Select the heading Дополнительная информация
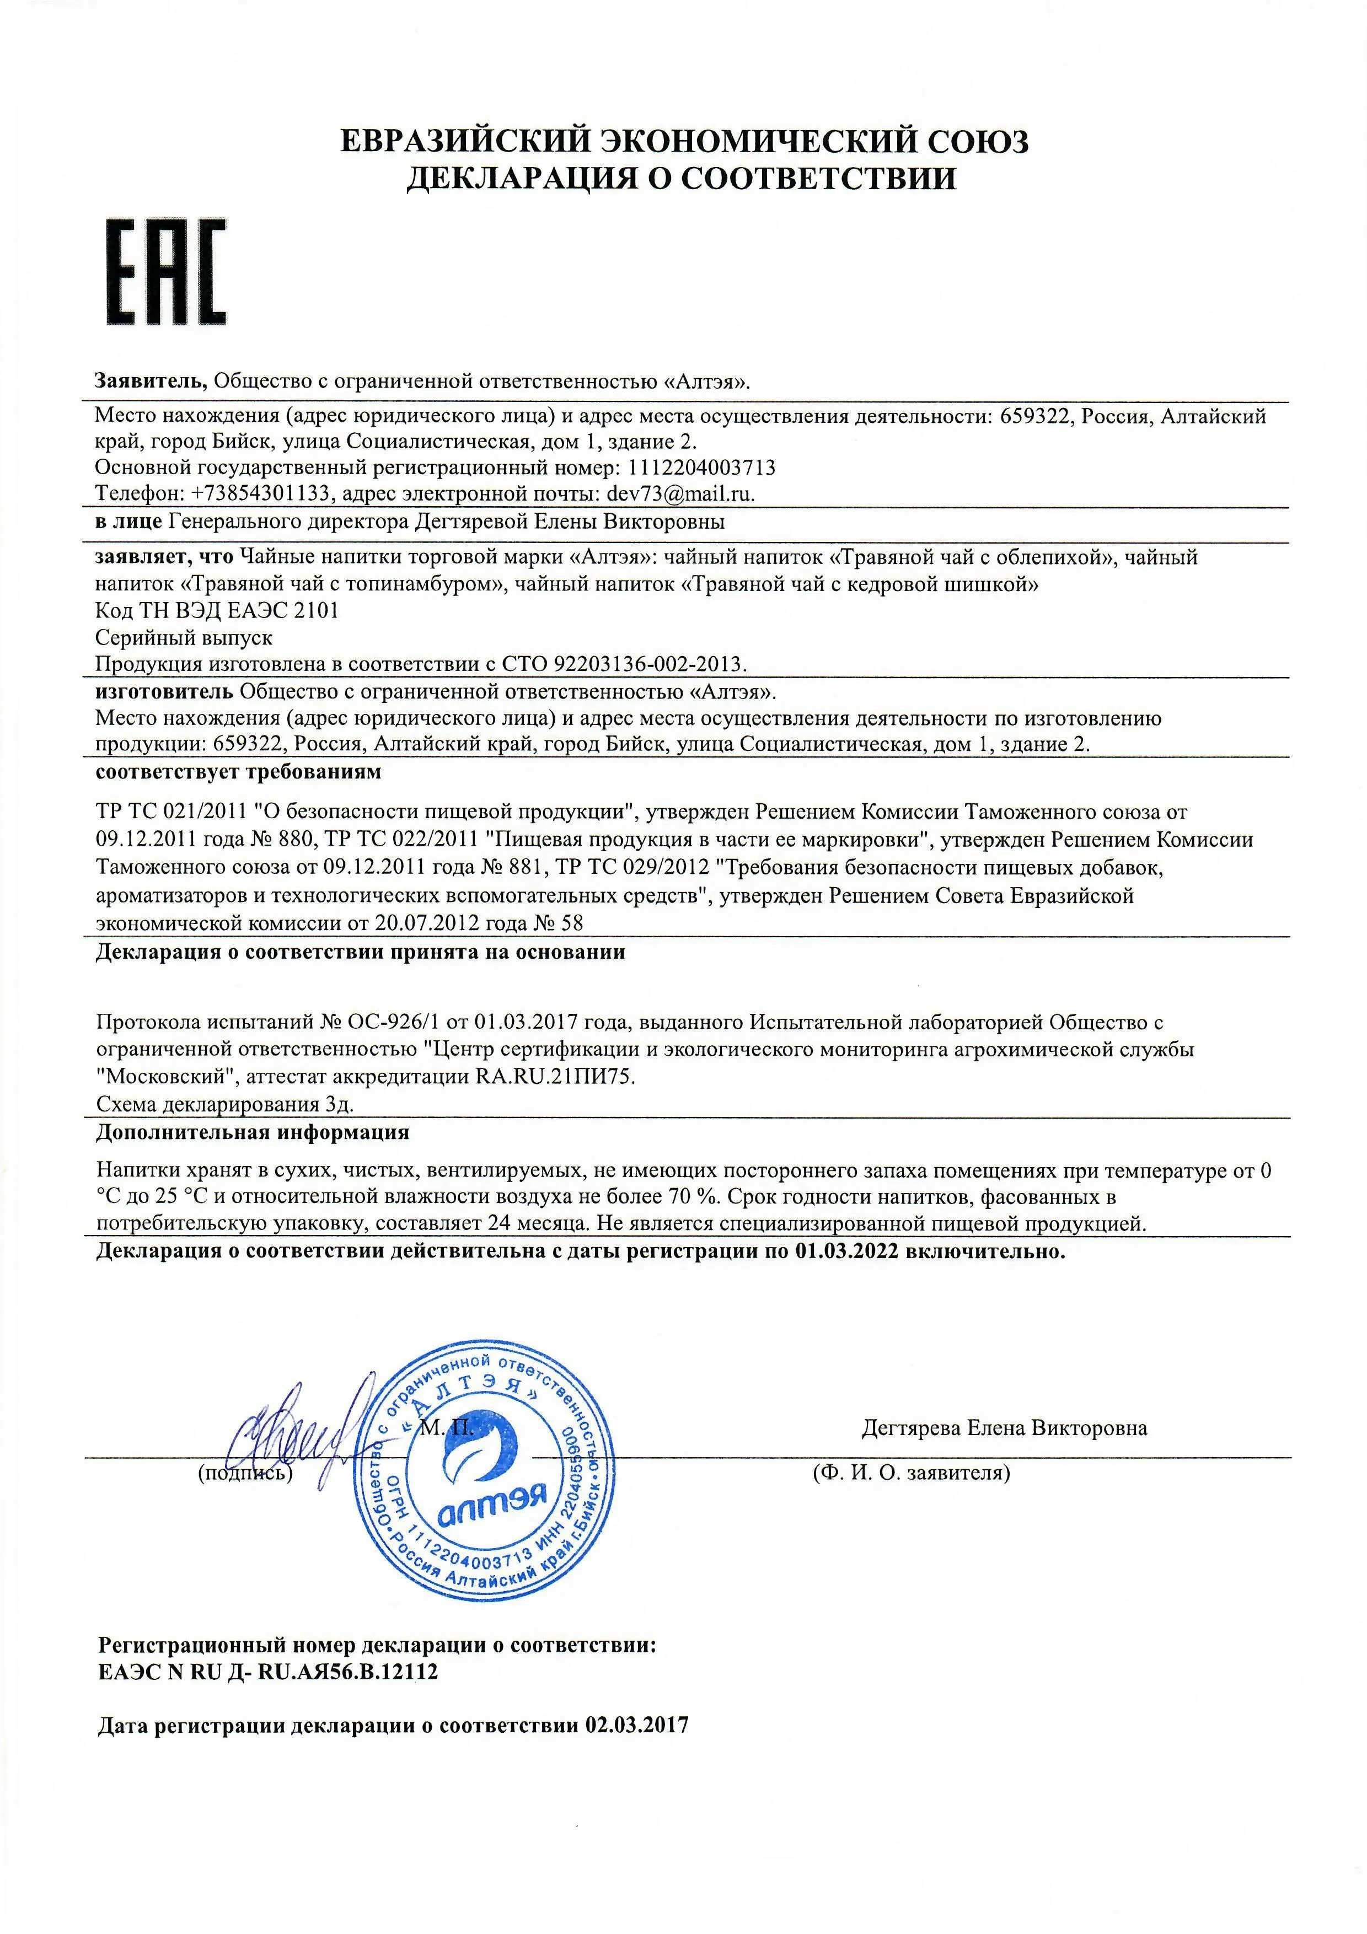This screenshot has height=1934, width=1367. tap(253, 1132)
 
